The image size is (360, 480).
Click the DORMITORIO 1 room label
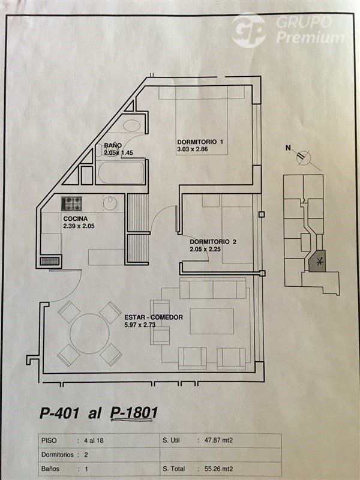(200, 142)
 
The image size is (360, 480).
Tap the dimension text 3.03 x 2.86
(193, 149)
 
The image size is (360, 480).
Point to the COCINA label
(76, 218)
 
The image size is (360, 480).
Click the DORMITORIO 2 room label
(213, 242)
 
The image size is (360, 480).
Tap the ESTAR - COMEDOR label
(154, 317)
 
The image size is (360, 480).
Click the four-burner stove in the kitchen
(71, 203)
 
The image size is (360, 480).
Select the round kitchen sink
(110, 203)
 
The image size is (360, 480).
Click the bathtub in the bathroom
(121, 172)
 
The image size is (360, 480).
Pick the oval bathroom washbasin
(131, 125)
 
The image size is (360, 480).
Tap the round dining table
(89, 334)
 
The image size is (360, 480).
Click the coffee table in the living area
(212, 321)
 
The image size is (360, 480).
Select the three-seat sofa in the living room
(213, 288)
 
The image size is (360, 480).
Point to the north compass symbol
(304, 158)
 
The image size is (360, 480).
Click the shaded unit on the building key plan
(317, 261)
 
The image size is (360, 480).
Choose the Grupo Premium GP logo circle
(248, 31)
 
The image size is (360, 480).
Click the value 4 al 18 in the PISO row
(94, 440)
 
